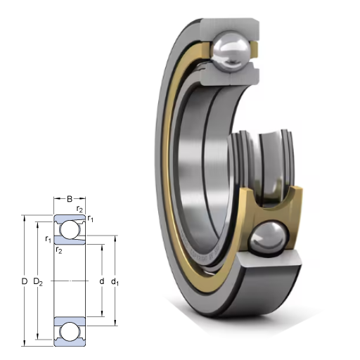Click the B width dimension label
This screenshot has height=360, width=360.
[70, 199]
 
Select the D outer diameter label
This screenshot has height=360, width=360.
[25, 281]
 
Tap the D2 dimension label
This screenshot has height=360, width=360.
[38, 281]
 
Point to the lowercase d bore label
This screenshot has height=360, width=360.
[102, 281]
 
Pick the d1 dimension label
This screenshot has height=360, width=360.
[115, 282]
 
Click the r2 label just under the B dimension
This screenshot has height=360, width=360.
[79, 209]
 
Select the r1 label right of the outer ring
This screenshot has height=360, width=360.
[90, 219]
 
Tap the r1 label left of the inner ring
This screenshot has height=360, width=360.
[48, 239]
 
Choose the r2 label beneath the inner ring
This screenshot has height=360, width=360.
[59, 250]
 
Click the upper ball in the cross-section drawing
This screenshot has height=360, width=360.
[70, 229]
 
